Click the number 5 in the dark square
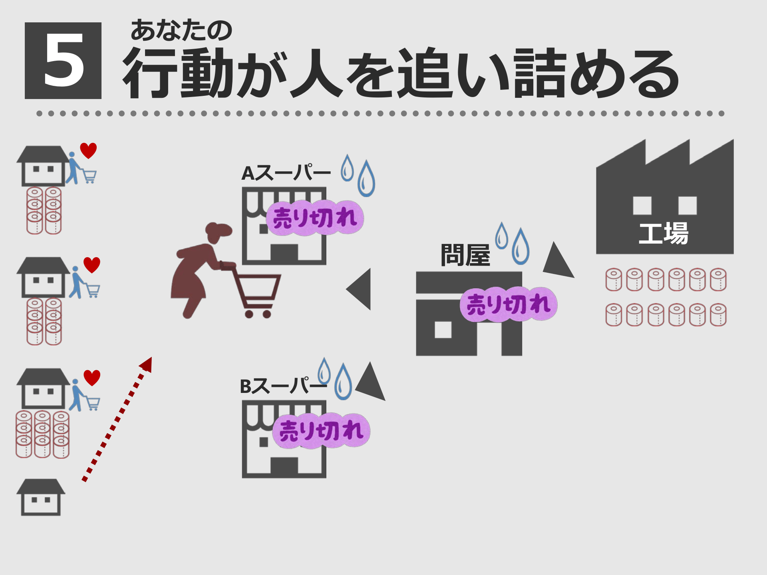tap(63, 61)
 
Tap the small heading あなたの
tap(181, 30)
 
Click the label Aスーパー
tap(286, 173)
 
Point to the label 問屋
tap(465, 255)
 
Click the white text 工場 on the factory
tap(664, 234)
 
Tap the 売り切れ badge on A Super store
tap(315, 218)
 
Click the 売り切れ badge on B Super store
tap(321, 431)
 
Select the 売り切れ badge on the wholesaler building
tap(509, 304)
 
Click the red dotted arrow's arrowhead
tap(147, 364)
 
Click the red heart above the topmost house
tap(88, 150)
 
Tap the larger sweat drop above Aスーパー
tap(366, 180)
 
